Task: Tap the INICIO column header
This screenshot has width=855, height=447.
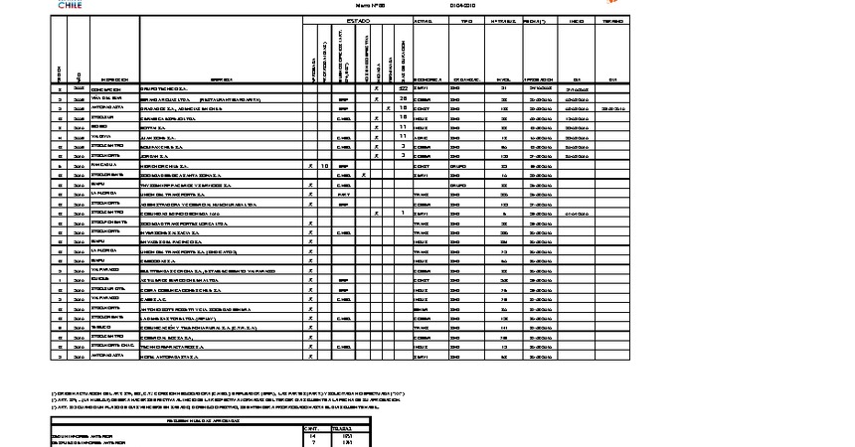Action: [x=576, y=20]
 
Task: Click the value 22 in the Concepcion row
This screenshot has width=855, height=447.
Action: [x=404, y=89]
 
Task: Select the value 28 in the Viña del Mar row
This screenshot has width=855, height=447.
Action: [x=404, y=98]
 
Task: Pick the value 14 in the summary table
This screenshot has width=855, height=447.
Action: [x=314, y=435]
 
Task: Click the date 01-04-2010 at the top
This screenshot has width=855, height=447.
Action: [x=464, y=5]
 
